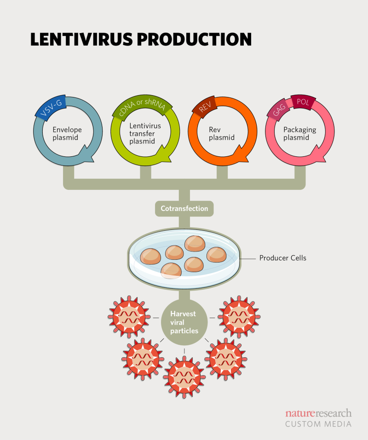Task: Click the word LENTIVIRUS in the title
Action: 82,40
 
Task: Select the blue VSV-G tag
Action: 49,109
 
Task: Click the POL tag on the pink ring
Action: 302,103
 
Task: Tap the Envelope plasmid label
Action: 68,134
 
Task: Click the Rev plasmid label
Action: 222,134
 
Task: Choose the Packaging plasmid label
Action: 299,134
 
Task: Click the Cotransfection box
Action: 184,208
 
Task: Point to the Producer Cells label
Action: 282,258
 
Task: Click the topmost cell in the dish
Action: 195,244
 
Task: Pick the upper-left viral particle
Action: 129,317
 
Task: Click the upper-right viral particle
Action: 239,317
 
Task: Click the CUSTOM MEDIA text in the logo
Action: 318,423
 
